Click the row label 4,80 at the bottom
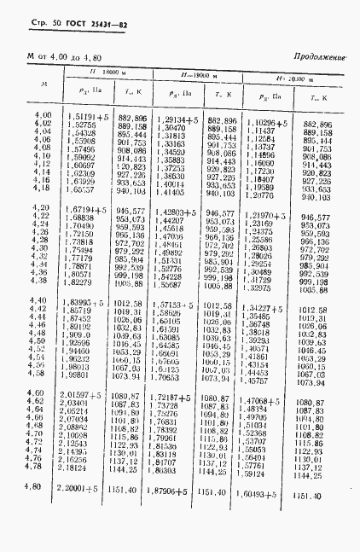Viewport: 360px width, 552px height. click(x=32, y=486)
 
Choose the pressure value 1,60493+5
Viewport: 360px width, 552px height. click(x=264, y=493)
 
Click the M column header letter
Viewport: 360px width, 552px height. click(x=32, y=85)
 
